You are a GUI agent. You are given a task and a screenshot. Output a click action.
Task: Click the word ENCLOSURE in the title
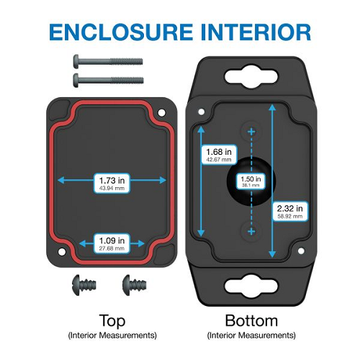121,32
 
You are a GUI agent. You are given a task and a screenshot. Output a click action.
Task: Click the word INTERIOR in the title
256,32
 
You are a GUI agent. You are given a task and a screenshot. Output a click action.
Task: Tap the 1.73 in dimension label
112,183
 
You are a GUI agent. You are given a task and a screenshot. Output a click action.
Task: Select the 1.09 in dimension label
112,243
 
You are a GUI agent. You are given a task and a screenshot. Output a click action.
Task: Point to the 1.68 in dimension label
219,155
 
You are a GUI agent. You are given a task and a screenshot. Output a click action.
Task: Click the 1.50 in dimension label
251,181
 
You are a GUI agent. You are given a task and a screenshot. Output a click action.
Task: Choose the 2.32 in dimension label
290,211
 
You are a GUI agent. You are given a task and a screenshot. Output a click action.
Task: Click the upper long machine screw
108,61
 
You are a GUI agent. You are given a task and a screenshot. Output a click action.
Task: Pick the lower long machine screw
108,80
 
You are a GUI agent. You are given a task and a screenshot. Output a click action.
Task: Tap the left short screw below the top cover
84,285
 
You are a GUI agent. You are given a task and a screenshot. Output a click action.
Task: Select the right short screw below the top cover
134,285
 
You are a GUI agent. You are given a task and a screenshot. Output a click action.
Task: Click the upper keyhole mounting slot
251,77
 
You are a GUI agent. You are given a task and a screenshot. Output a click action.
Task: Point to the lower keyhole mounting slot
251,287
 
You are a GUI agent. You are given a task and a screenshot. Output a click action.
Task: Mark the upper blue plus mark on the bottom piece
251,132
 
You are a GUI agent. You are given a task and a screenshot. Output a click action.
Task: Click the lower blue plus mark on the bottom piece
251,232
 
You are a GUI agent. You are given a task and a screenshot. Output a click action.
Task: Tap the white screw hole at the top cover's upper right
161,112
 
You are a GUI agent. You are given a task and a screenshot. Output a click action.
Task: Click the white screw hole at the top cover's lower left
62,252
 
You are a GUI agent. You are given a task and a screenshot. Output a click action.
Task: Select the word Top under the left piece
112,321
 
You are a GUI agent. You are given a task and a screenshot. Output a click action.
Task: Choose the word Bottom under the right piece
251,320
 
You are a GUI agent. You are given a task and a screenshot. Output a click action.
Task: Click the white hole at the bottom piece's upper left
202,112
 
